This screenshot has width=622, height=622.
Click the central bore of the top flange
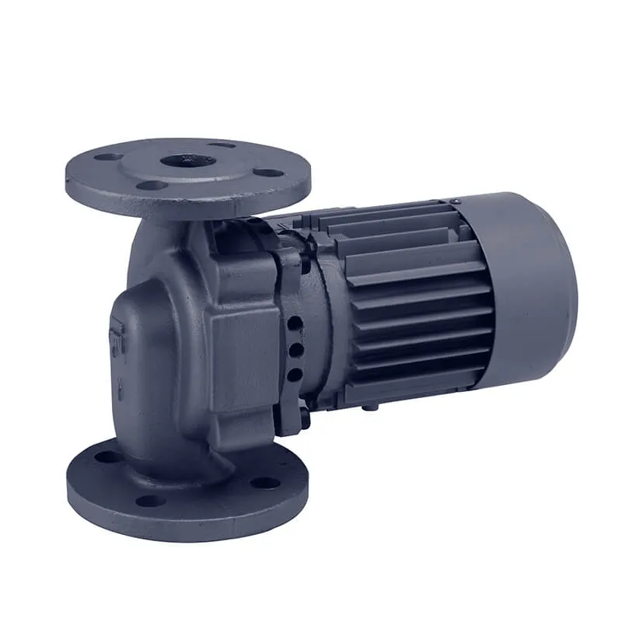[189, 161]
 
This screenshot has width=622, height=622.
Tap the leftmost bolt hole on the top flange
[107, 157]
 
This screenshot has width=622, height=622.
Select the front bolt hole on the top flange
[152, 185]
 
